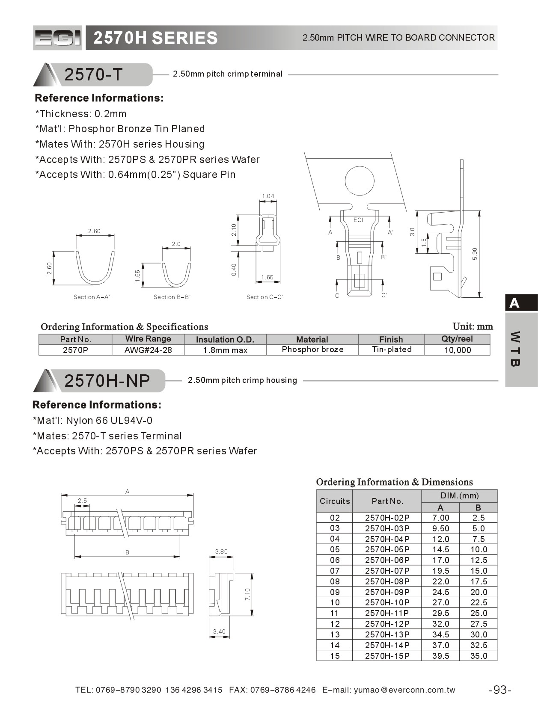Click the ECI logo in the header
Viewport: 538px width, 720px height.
click(57, 38)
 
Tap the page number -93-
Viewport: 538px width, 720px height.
click(500, 690)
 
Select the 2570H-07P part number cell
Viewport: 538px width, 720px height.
click(387, 571)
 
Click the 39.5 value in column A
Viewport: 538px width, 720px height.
click(440, 656)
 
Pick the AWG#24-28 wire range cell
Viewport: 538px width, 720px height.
click(148, 350)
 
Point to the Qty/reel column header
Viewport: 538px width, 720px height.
click(457, 339)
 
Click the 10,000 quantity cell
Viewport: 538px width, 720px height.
click(457, 350)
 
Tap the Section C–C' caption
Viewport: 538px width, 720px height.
click(265, 297)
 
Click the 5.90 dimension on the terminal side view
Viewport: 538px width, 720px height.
click(475, 254)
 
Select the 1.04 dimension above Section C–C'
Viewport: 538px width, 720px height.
click(268, 196)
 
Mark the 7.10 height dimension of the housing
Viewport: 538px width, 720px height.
click(247, 594)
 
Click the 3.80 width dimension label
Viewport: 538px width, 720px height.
click(221, 551)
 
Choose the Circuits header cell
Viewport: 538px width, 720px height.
click(335, 501)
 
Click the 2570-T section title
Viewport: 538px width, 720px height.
click(94, 75)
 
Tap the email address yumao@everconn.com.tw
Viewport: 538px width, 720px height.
click(404, 690)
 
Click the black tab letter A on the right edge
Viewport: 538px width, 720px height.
click(514, 303)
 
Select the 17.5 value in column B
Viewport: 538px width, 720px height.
click(478, 581)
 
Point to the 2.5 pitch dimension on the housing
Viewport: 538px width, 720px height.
click(82, 501)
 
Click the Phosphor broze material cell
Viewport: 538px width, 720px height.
click(312, 350)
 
